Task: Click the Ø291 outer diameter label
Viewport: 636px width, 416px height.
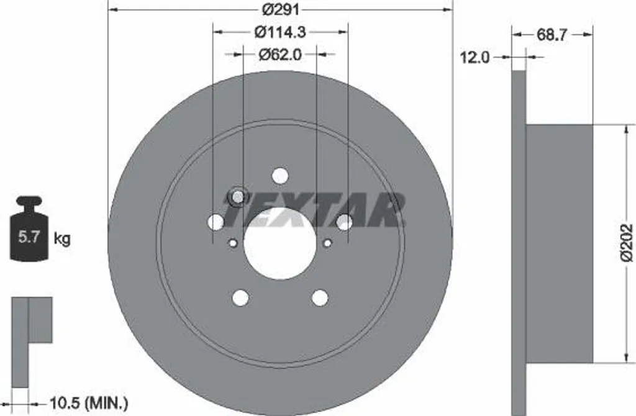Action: pyautogui.click(x=281, y=9)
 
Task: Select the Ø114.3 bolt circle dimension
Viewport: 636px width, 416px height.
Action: pyautogui.click(x=280, y=32)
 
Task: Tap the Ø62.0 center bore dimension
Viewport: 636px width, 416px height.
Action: pyautogui.click(x=280, y=55)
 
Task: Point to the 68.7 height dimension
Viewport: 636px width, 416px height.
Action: pyautogui.click(x=552, y=35)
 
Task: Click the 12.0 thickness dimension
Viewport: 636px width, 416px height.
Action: pyautogui.click(x=475, y=58)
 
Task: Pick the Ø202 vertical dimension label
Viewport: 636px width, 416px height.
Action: pyautogui.click(x=626, y=243)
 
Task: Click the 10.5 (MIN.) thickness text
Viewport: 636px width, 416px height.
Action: pyautogui.click(x=89, y=403)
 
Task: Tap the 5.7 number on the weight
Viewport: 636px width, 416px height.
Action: pyautogui.click(x=29, y=237)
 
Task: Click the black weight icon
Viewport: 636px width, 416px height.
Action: pyautogui.click(x=29, y=228)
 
